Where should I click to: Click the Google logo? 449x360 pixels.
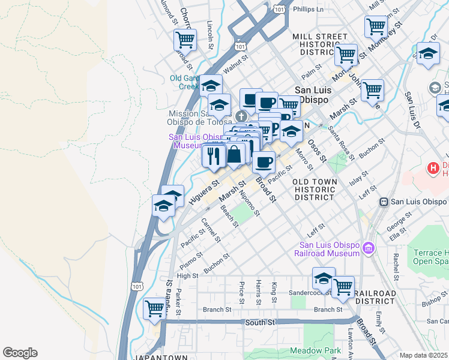pyautogui.click(x=20, y=353)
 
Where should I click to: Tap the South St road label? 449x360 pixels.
pyautogui.click(x=259, y=322)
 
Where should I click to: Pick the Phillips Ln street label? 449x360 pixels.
pyautogui.click(x=307, y=10)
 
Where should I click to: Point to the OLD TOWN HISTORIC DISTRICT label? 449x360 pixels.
pyautogui.click(x=314, y=189)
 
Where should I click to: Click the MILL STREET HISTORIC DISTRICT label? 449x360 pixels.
pyautogui.click(x=320, y=44)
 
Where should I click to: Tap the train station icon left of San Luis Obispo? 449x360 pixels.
pyautogui.click(x=384, y=202)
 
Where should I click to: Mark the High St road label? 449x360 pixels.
pyautogui.click(x=187, y=276)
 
